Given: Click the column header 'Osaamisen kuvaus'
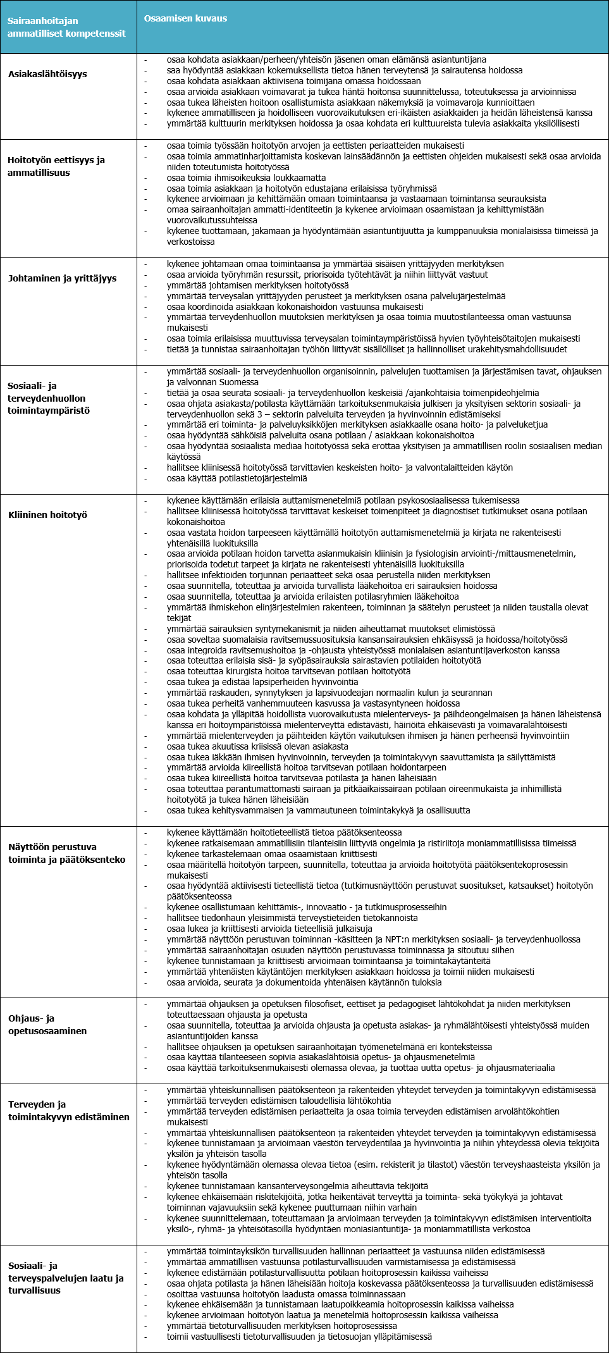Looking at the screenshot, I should tap(185, 18).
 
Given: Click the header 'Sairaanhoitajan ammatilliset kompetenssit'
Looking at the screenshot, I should tap(66, 27).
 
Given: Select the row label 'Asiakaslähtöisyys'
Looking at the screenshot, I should tap(47, 74).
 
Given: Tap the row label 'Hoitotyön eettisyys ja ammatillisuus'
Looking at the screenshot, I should tap(56, 166).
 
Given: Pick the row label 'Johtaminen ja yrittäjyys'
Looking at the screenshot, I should tap(62, 278).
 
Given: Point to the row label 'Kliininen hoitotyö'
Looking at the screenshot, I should tap(47, 515).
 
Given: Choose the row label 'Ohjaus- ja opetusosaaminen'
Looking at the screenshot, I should tap(47, 1025).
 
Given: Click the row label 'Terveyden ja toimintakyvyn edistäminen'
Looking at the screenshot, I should tap(68, 1111).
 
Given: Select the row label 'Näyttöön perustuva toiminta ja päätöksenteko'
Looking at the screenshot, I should tap(66, 853).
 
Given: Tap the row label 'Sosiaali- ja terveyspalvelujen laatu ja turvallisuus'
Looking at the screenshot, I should tap(65, 1278).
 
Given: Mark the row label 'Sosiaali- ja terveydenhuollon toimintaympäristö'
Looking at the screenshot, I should tap(48, 398).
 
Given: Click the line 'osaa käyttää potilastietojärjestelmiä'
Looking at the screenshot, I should tap(237, 478).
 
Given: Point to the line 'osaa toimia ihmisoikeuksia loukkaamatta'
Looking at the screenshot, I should tap(246, 178).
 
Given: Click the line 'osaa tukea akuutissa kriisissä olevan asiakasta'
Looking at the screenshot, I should tap(257, 746).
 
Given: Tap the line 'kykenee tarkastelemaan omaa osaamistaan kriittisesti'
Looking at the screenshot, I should tap(272, 854).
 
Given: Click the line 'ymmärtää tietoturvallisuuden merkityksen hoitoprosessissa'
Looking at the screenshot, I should tap(281, 1326).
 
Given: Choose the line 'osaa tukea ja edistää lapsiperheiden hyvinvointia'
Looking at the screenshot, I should tap(262, 682).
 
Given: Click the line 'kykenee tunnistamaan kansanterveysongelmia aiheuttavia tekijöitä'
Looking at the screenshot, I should tap(297, 1186).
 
